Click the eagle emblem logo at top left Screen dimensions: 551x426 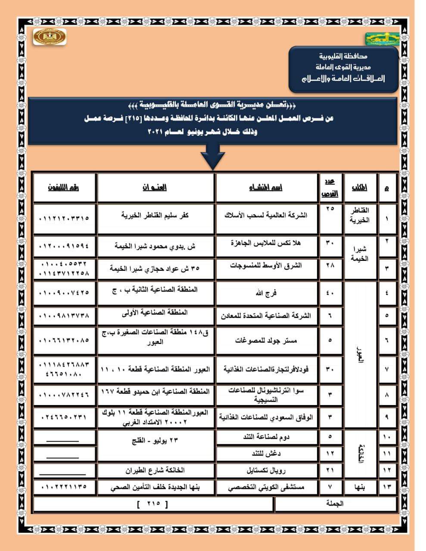click(50, 37)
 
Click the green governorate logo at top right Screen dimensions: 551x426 click(382, 39)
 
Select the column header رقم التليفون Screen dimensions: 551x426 click(64, 188)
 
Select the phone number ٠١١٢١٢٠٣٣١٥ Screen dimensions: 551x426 click(64, 218)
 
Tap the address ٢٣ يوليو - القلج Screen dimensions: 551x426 click(156, 441)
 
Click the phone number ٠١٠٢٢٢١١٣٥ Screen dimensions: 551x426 click(64, 487)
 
